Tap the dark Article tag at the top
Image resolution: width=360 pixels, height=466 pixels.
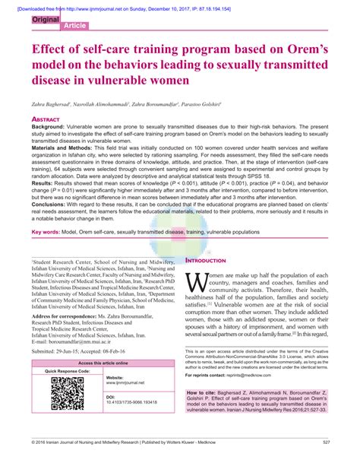point(74,25)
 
